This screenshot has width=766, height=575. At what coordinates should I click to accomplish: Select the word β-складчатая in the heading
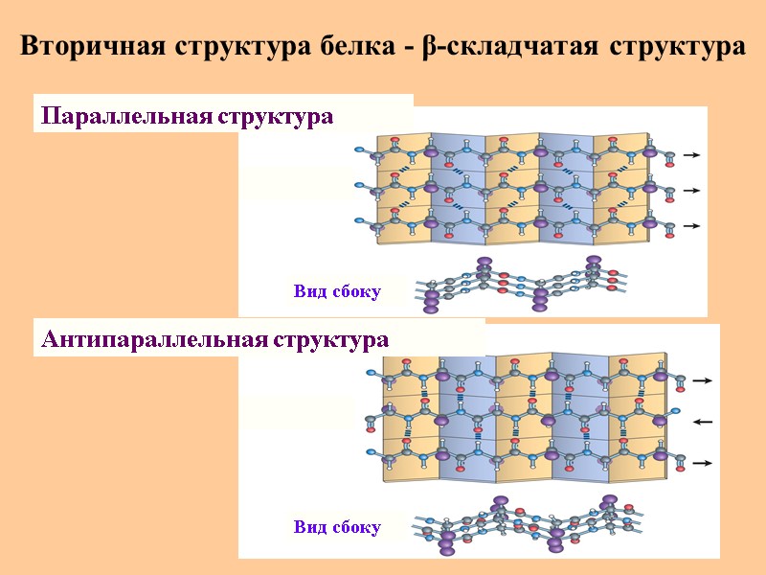click(x=511, y=46)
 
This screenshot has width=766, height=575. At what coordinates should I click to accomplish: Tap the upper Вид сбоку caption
click(x=337, y=291)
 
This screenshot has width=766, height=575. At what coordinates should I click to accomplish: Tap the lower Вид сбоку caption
click(x=337, y=526)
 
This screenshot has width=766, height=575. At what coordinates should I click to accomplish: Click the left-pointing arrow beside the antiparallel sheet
click(x=703, y=422)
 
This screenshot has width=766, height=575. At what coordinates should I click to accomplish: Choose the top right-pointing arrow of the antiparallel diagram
click(x=703, y=380)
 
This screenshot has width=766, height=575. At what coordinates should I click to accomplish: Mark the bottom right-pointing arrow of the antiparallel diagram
click(x=703, y=463)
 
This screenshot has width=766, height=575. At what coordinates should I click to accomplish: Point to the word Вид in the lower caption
click(x=309, y=526)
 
